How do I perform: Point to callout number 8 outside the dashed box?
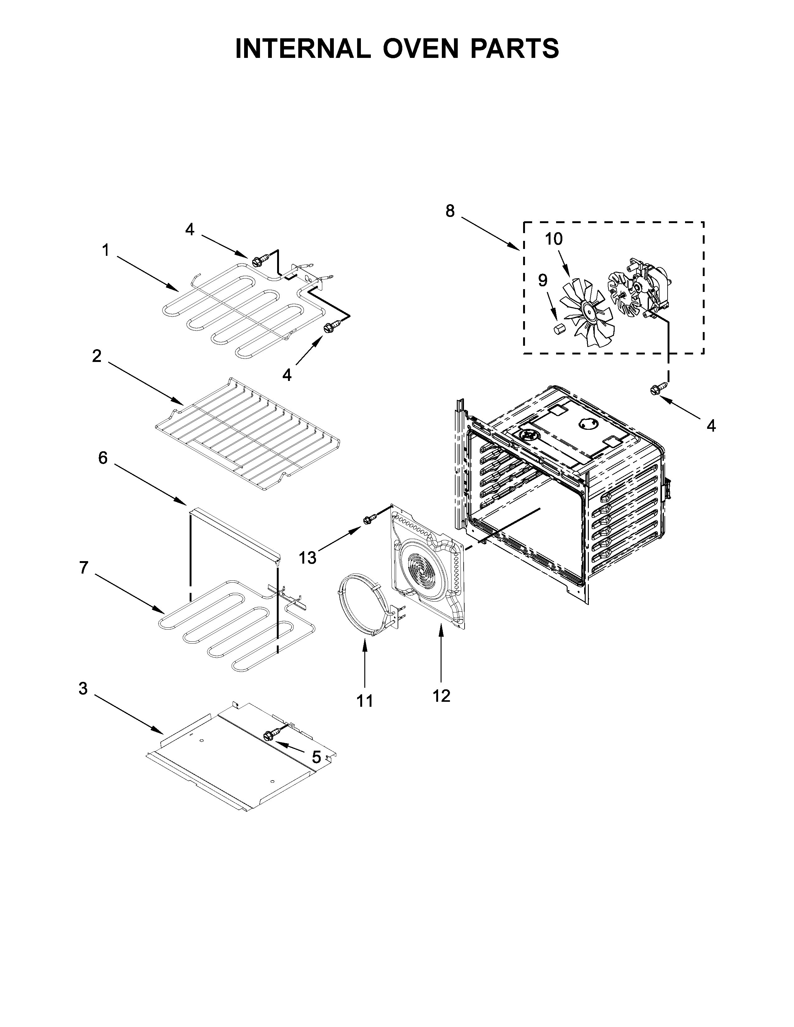pyautogui.click(x=450, y=211)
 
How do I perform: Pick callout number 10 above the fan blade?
pyautogui.click(x=554, y=239)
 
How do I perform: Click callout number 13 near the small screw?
pyautogui.click(x=308, y=558)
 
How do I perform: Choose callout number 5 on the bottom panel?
pyautogui.click(x=317, y=757)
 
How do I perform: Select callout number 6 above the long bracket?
pyautogui.click(x=102, y=457)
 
